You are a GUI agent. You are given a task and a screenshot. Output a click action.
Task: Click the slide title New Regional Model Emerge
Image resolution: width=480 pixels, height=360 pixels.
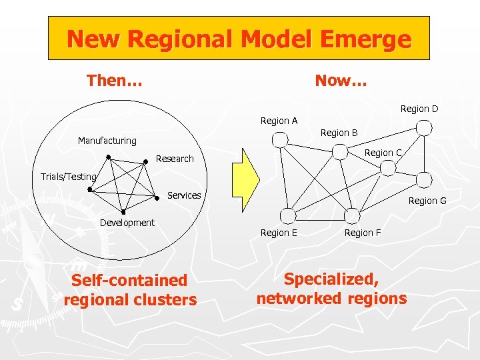coord(239,39)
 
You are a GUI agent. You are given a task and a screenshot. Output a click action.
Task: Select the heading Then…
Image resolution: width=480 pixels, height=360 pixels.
coord(114,81)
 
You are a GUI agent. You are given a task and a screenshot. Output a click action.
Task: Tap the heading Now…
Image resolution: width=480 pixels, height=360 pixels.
coord(341,81)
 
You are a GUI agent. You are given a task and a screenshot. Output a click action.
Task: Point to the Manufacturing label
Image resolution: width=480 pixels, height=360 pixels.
coord(107,141)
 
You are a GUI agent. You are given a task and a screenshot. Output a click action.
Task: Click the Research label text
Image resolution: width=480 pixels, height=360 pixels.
coord(175,159)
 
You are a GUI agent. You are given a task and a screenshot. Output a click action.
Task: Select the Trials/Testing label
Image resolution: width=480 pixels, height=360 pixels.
coord(69,177)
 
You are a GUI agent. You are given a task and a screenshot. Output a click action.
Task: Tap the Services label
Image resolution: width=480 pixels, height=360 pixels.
coord(184,195)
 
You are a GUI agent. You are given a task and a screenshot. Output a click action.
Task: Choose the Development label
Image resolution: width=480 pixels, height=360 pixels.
coord(127,223)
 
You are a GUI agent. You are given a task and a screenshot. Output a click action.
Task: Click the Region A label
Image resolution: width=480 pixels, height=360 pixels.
coord(279,121)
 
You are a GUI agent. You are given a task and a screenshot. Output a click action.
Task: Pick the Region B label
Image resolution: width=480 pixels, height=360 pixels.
coord(339,133)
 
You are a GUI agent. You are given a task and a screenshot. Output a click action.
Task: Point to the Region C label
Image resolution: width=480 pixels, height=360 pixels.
coord(383,153)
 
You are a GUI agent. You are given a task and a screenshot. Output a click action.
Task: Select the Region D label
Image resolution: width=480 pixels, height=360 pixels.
coord(419,109)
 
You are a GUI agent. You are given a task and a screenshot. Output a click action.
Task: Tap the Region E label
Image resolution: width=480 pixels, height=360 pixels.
coord(279,233)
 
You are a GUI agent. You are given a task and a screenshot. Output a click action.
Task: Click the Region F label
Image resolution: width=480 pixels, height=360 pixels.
coord(363,233)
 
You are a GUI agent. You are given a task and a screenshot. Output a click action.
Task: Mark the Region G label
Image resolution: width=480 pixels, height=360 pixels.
coord(427,201)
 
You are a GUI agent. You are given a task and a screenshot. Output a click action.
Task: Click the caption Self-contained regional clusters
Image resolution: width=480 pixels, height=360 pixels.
coord(130,290)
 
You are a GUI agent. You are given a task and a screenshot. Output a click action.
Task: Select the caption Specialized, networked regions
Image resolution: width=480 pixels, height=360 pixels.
coord(331,289)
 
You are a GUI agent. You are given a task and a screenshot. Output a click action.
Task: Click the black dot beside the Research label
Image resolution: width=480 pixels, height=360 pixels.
coord(145,161)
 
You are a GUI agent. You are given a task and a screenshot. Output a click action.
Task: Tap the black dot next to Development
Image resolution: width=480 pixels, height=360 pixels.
coord(123,211)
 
